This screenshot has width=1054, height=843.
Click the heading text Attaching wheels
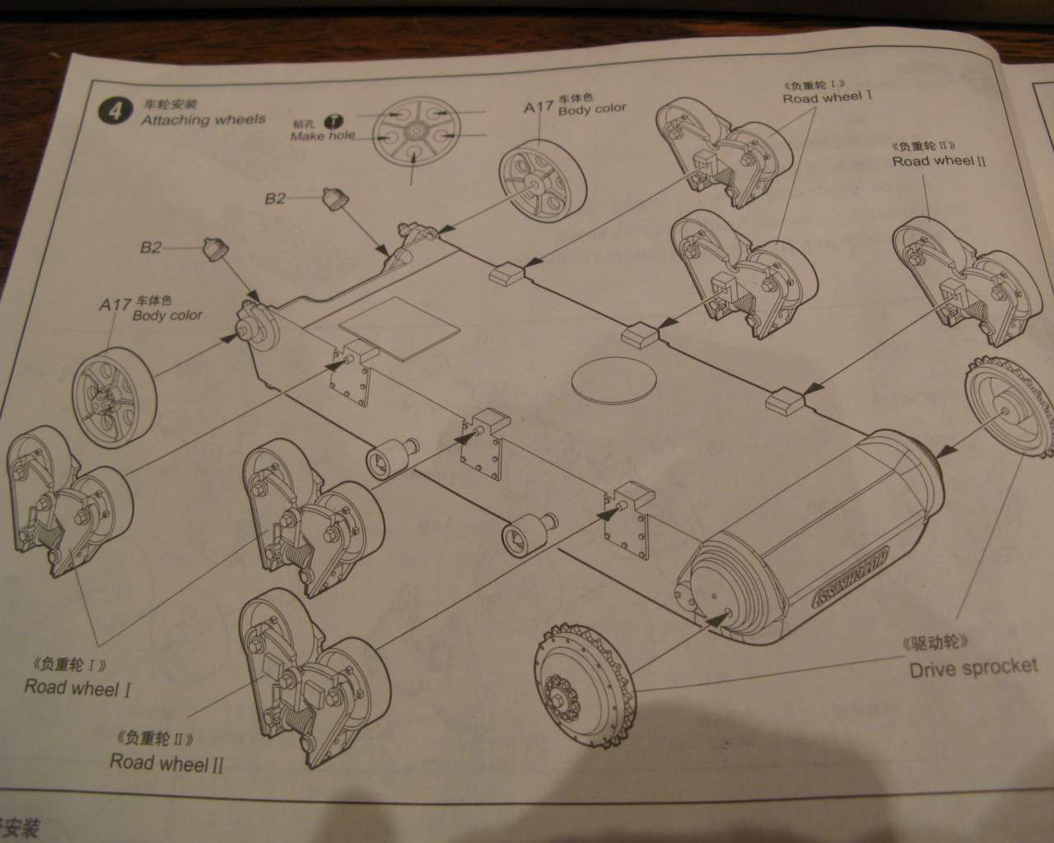pyautogui.click(x=203, y=119)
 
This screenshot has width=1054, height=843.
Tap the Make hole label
pyautogui.click(x=322, y=136)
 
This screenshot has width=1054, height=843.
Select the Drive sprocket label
pyautogui.click(x=973, y=668)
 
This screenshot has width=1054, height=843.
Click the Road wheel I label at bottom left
pyautogui.click(x=78, y=687)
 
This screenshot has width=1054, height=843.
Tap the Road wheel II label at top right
pyautogui.click(x=939, y=161)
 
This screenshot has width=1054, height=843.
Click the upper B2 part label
pyautogui.click(x=275, y=198)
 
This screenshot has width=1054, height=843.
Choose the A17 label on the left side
pyautogui.click(x=114, y=305)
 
